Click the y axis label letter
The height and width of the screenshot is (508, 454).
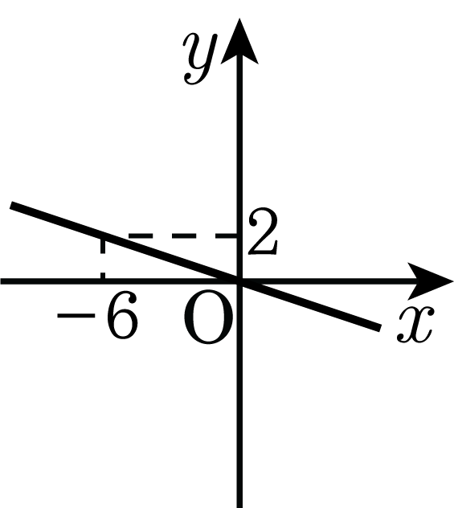tap(199, 59)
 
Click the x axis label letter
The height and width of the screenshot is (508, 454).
tap(415, 324)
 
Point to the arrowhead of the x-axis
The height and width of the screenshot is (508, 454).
tap(429, 281)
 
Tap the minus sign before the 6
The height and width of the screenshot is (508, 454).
tap(76, 315)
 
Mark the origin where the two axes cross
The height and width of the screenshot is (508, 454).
tap(239, 281)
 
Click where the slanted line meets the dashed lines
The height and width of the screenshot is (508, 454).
tap(103, 236)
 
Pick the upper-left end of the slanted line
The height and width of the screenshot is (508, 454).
tap(11, 205)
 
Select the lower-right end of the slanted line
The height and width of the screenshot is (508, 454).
tap(380, 328)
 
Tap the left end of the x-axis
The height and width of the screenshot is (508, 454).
tap(2, 281)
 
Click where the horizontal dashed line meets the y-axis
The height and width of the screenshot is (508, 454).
tap(239, 236)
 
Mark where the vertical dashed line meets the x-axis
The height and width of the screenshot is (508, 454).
tap(103, 281)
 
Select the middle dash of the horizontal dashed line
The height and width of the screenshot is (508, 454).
tap(184, 236)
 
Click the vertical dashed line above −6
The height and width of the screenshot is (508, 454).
tap(103, 258)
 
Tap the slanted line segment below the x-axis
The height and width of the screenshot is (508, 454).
tap(310, 305)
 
